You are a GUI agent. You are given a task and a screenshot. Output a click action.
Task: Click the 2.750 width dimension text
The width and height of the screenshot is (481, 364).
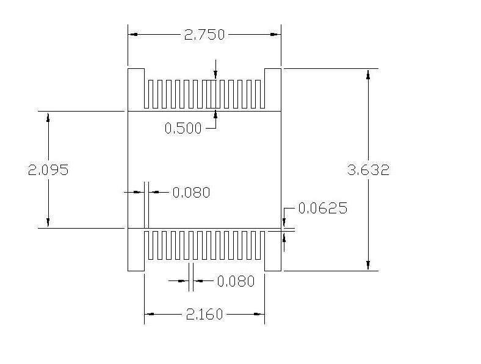204,35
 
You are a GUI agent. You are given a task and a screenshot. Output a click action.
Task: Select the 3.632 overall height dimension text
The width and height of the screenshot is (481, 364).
369,170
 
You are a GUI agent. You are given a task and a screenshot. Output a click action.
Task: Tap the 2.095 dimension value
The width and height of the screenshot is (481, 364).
48,170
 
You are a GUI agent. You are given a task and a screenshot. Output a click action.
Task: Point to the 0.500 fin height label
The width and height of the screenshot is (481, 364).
183,128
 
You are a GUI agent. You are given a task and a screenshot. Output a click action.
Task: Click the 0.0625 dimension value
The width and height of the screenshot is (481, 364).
323,208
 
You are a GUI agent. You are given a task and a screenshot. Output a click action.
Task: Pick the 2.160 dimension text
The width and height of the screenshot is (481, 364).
204,315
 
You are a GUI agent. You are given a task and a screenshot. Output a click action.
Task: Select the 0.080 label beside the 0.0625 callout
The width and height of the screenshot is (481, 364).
192,193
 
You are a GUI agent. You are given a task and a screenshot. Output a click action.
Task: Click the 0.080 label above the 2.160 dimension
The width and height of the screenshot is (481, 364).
236,281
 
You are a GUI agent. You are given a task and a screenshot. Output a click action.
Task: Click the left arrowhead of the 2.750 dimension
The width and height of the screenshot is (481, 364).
132,34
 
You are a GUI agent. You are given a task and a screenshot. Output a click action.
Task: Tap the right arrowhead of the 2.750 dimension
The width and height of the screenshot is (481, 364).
277,34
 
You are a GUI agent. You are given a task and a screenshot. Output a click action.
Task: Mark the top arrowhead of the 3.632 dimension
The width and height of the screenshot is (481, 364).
368,74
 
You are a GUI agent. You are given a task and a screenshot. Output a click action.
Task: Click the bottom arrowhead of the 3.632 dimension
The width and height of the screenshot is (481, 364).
368,266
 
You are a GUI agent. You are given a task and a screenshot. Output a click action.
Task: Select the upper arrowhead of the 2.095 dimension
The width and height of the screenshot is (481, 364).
48,116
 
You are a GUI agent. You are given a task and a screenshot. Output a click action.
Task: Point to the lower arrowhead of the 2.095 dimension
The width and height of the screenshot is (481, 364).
48,223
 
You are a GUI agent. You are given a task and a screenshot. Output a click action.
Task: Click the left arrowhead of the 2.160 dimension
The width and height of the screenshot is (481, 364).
149,314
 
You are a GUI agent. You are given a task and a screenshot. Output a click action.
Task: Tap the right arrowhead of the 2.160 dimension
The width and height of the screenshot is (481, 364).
260,314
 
